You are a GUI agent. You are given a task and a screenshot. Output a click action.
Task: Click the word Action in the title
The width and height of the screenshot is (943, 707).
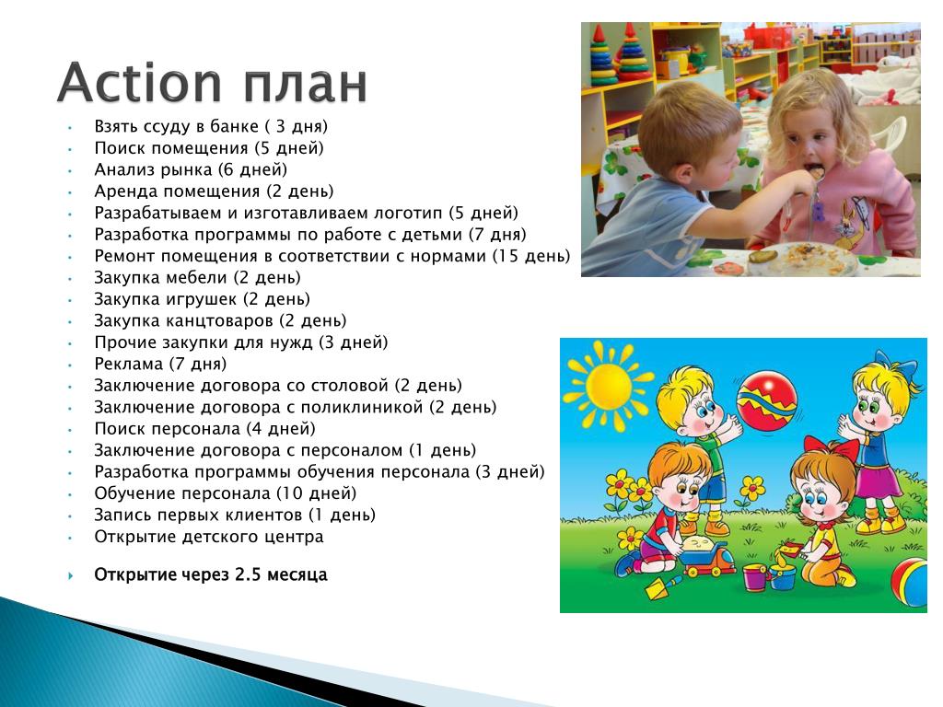pyautogui.click(x=140, y=82)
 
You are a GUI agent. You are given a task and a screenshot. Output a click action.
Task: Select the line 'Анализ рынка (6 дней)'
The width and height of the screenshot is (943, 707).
pyautogui.click(x=191, y=170)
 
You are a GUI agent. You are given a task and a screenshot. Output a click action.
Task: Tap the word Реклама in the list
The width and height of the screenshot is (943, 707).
pyautogui.click(x=129, y=365)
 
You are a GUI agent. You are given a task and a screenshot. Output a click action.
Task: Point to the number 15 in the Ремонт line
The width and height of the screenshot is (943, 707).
pyautogui.click(x=507, y=256)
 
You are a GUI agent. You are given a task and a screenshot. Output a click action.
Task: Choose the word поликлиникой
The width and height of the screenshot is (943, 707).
pyautogui.click(x=361, y=407)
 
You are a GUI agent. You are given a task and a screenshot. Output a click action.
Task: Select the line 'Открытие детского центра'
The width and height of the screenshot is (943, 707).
pyautogui.click(x=209, y=537)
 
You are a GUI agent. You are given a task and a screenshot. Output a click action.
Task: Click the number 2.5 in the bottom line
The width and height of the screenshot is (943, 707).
pyautogui.click(x=248, y=574)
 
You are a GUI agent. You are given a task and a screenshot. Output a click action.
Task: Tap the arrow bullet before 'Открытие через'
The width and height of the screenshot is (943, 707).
pyautogui.click(x=71, y=576)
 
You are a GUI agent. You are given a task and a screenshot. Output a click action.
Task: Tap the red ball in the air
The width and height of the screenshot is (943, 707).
pyautogui.click(x=767, y=401)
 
